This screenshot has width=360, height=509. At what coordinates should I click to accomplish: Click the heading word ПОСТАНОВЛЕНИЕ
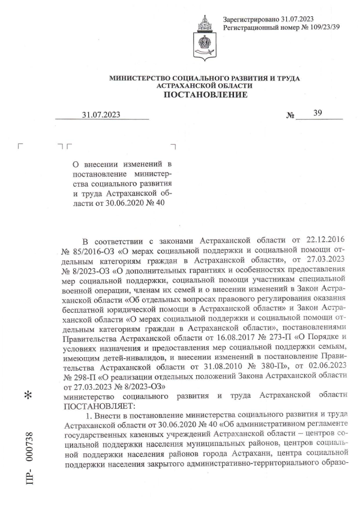click(x=205, y=94)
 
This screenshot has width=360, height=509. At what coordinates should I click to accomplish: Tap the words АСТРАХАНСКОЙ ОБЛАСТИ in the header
click(x=205, y=85)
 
